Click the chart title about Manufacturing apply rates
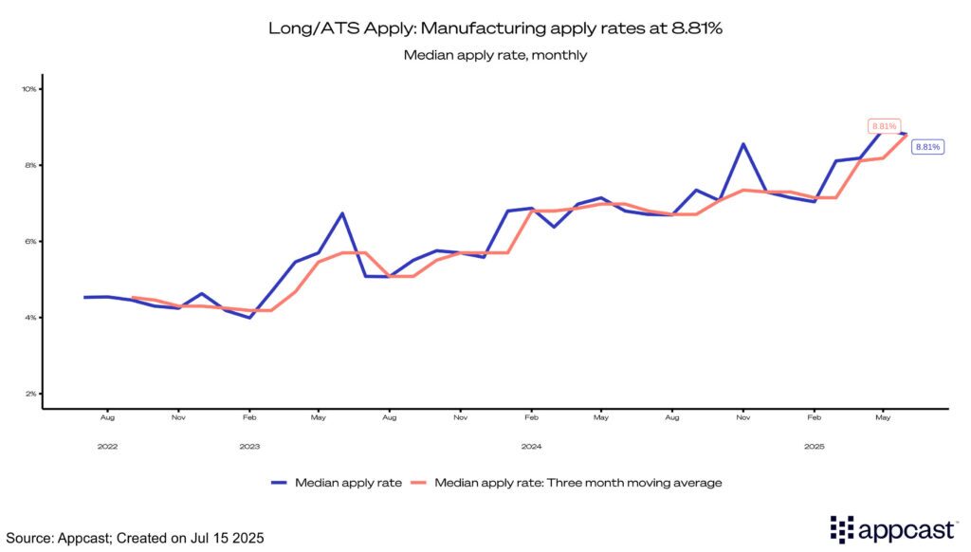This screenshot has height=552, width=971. click(495, 29)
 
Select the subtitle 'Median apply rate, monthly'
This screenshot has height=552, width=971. click(495, 55)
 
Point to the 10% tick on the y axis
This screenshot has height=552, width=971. click(29, 89)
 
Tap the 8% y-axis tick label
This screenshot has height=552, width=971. click(30, 165)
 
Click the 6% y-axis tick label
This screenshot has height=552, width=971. click(30, 241)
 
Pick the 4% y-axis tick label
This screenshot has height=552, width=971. click(30, 317)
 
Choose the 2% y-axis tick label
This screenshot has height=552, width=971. click(30, 394)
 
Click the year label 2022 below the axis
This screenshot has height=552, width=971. click(107, 445)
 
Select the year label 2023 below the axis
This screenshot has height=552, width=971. click(249, 445)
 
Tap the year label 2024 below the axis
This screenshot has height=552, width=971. click(531, 445)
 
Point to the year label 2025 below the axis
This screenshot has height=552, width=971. click(815, 445)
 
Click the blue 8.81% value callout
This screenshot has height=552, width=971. click(926, 147)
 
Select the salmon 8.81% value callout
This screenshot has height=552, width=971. click(883, 125)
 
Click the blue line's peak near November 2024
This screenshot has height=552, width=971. click(743, 144)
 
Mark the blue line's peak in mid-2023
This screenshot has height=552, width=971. click(341, 213)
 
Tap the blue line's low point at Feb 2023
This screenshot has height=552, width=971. click(248, 318)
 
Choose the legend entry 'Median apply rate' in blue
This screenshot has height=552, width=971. click(337, 483)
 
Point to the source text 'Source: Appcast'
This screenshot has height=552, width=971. click(133, 538)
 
